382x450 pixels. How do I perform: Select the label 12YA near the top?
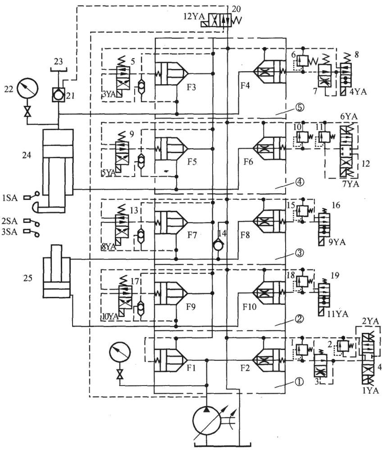click(x=194, y=16)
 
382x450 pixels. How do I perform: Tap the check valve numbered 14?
click(x=218, y=247)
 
